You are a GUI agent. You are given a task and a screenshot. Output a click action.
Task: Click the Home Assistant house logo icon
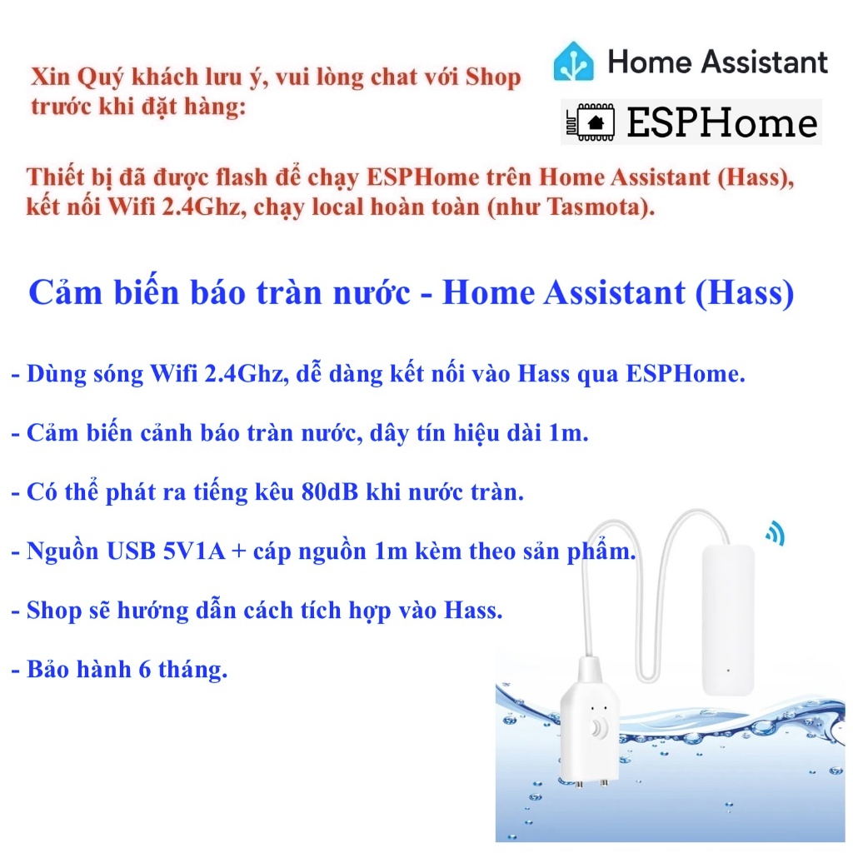(x=574, y=62)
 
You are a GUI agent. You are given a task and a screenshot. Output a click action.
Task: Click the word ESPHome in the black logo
(x=722, y=122)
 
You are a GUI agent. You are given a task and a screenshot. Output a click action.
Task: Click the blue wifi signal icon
(x=776, y=533)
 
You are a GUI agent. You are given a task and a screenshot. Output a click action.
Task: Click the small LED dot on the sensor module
(x=729, y=669)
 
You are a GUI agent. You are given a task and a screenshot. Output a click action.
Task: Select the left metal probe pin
(x=580, y=785)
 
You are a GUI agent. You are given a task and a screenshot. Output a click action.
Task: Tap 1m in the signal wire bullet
(x=574, y=433)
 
